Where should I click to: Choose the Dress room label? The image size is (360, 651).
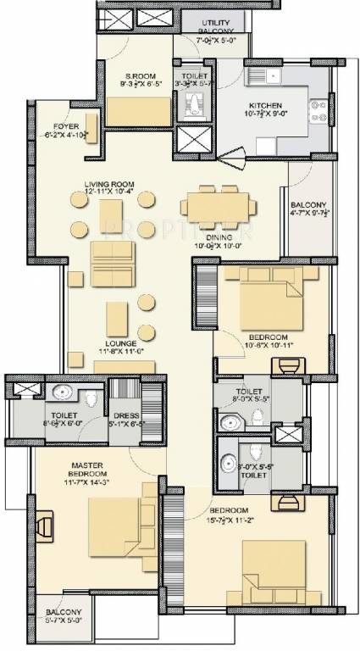(124, 415)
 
